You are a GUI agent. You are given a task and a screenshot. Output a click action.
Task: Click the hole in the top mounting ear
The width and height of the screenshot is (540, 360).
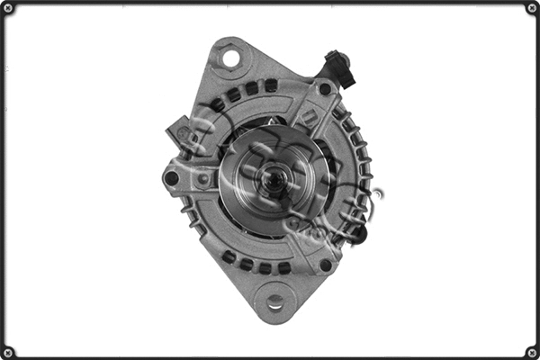tap(230, 60)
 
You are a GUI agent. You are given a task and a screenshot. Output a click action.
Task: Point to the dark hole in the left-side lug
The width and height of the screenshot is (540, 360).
tap(172, 178)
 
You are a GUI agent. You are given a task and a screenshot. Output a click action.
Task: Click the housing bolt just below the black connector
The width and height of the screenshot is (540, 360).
tap(325, 89)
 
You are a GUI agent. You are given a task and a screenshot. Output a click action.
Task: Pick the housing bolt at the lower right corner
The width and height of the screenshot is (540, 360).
tap(325, 265)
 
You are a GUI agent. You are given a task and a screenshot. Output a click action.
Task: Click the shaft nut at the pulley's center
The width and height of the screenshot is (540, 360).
tap(268, 176)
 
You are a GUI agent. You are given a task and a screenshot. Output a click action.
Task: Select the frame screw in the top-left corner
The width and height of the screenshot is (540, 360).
tap(9, 9)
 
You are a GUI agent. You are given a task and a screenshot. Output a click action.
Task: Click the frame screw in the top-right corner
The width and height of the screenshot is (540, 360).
tap(531, 9)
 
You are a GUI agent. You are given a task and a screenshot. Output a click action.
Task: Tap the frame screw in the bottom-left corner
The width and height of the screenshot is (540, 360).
tap(9, 351)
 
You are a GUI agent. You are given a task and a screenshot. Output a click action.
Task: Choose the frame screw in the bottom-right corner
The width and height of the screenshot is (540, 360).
tap(531, 351)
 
